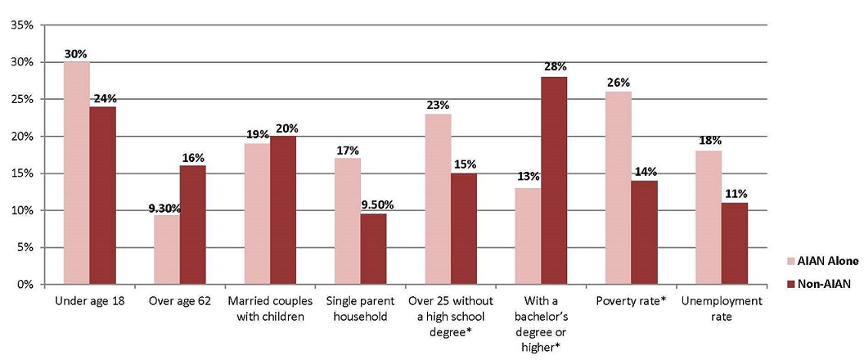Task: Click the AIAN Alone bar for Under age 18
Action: pos(77,173)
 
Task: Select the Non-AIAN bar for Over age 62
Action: pos(193,225)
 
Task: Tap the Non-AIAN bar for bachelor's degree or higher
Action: pos(554,181)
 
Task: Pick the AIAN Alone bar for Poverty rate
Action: pos(619,188)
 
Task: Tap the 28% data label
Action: pos(554,66)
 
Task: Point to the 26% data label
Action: pos(619,82)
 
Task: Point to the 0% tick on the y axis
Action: pos(25,285)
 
